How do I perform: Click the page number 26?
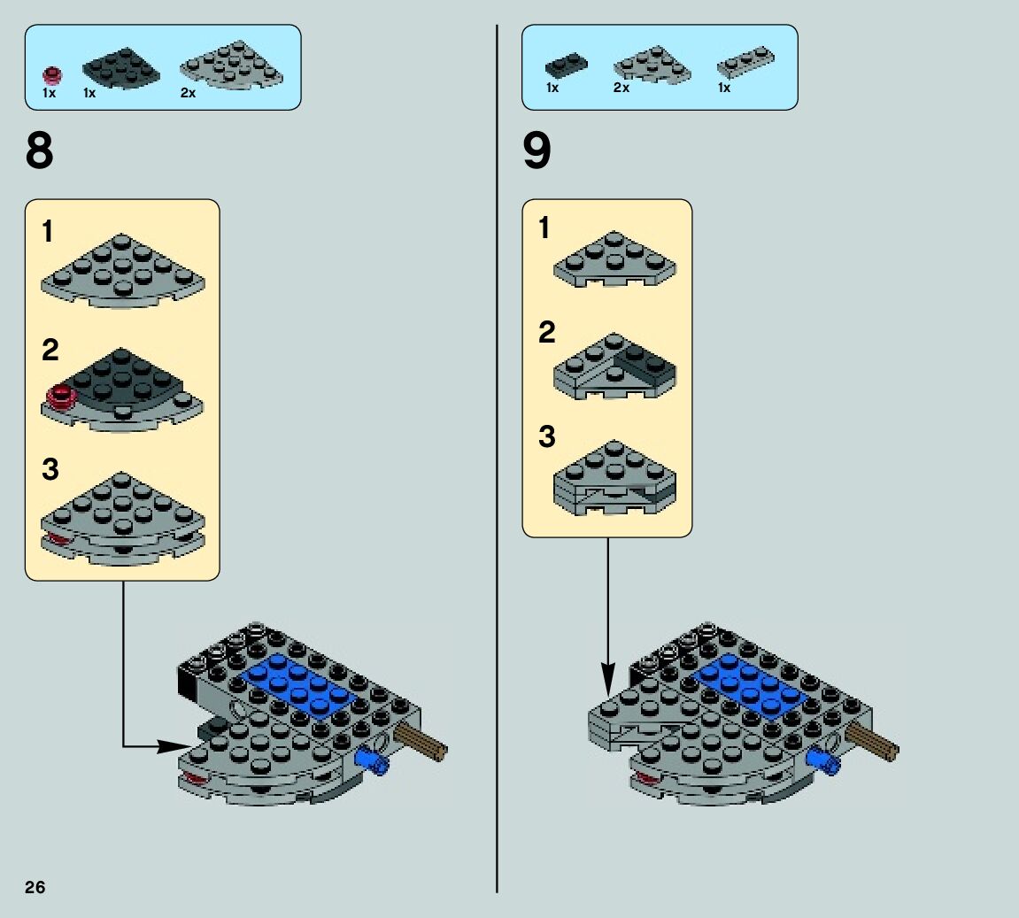[35, 887]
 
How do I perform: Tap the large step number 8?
[40, 151]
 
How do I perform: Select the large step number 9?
[537, 151]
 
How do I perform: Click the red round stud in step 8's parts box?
[53, 73]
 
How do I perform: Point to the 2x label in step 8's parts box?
[188, 92]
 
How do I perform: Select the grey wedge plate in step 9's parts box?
[652, 66]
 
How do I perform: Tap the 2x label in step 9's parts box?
[621, 88]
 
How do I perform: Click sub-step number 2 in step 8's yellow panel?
[50, 351]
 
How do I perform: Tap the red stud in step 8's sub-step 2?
[60, 397]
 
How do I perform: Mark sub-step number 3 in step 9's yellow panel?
[547, 436]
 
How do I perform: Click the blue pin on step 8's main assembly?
[371, 760]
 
